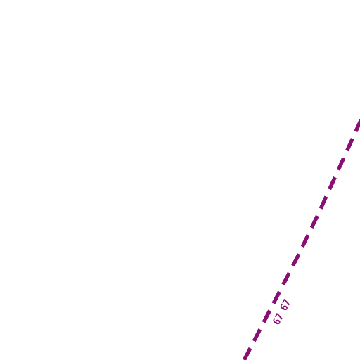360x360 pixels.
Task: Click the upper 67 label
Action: tap(285, 304)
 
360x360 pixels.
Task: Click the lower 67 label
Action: tap(278, 319)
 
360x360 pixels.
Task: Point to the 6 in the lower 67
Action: tap(276, 321)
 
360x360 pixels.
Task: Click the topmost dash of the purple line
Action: tap(358, 125)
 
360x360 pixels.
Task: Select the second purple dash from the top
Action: tap(349, 145)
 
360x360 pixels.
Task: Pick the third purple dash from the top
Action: tap(341, 164)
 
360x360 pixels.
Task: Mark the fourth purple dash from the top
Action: tap(333, 184)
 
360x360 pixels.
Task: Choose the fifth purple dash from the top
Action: tap(323, 202)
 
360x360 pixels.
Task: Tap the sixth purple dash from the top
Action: tap(314, 221)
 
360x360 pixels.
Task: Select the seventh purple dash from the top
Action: tap(305, 241)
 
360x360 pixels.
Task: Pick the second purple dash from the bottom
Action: tap(257, 335)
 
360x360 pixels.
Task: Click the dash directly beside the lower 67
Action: tap(266, 316)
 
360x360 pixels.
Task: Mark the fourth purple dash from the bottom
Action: tap(276, 297)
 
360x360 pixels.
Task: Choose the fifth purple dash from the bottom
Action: tap(286, 278)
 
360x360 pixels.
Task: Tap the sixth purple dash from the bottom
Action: tap(296, 259)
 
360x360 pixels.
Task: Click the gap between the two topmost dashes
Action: tap(354, 135)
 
